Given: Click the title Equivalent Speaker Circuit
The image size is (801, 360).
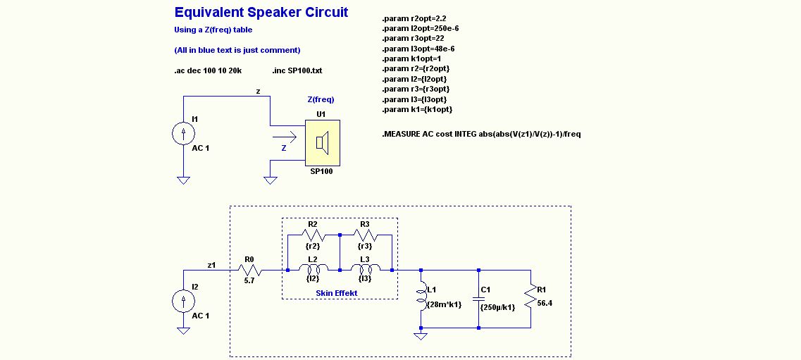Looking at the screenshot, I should (x=261, y=13).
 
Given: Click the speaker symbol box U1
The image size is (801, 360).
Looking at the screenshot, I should (x=322, y=143).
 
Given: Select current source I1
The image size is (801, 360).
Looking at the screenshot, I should (x=183, y=132).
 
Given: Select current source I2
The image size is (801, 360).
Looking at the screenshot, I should (x=183, y=301).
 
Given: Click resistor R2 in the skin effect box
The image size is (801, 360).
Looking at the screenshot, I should (x=313, y=235).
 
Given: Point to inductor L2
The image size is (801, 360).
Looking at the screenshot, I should (x=313, y=270).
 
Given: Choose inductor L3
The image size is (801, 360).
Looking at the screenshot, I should (x=365, y=270).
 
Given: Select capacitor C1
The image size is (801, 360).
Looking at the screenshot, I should (x=478, y=299).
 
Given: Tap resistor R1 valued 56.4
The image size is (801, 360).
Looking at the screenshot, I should (x=529, y=299).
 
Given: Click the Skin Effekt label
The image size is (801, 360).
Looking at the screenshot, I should (x=337, y=292).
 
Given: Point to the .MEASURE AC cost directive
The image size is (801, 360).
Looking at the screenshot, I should (x=481, y=134).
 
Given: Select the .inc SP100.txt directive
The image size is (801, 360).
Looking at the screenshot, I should (x=297, y=71).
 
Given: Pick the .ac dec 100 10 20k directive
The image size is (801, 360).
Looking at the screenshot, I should (x=208, y=71).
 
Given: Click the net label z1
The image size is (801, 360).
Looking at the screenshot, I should (x=211, y=265).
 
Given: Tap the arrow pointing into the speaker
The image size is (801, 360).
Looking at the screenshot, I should (x=284, y=138).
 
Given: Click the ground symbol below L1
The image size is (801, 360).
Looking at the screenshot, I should (x=421, y=336).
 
